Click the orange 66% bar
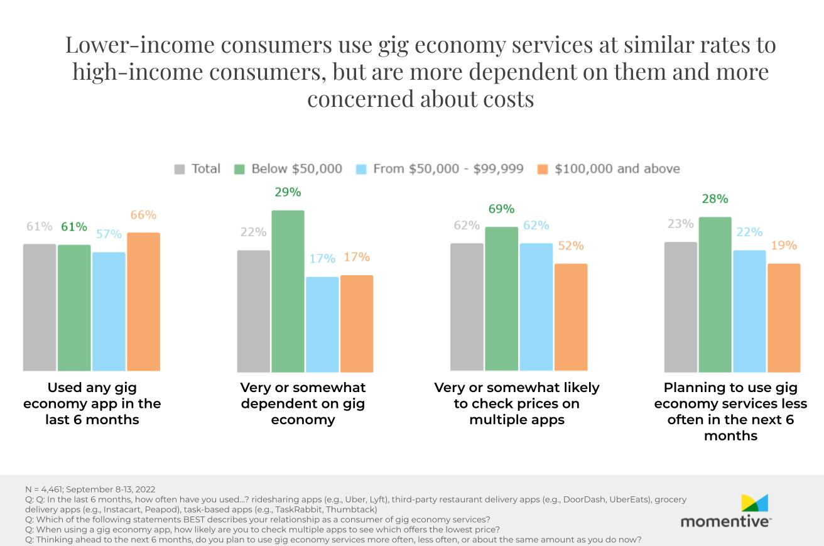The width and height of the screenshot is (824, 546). click(143, 302)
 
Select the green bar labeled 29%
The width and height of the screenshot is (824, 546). click(288, 291)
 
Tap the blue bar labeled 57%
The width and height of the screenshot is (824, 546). click(109, 312)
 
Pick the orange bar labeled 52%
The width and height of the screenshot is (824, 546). click(571, 317)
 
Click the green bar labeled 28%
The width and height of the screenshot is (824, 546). click(715, 294)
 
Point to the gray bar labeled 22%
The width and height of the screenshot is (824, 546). click(253, 311)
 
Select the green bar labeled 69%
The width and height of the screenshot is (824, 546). click(501, 298)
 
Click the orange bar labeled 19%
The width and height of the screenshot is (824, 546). click(784, 317)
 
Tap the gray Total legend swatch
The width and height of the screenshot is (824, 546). click(180, 169)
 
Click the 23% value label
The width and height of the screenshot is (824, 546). click(680, 224)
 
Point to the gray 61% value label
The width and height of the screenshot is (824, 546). click(39, 226)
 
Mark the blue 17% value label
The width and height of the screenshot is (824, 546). click(322, 258)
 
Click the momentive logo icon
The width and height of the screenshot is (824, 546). click(754, 503)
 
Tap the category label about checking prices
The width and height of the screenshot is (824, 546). click(516, 403)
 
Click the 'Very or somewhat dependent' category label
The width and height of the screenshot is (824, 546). click(303, 403)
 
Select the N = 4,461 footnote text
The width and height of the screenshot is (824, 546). click(90, 489)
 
